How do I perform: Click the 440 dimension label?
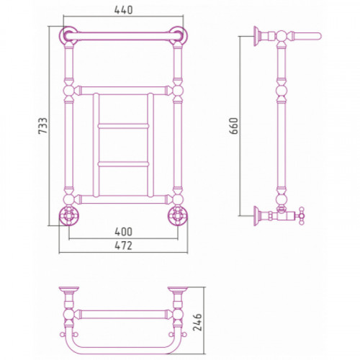coord(123,10)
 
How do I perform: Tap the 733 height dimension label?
coord(43,125)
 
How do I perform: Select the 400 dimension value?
coord(123,232)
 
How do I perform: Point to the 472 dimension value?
coord(123,246)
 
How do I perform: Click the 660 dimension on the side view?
coord(233,126)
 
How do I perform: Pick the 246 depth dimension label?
coord(197,323)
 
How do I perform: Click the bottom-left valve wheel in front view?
coord(68,215)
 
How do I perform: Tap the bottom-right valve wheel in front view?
coord(178,215)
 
